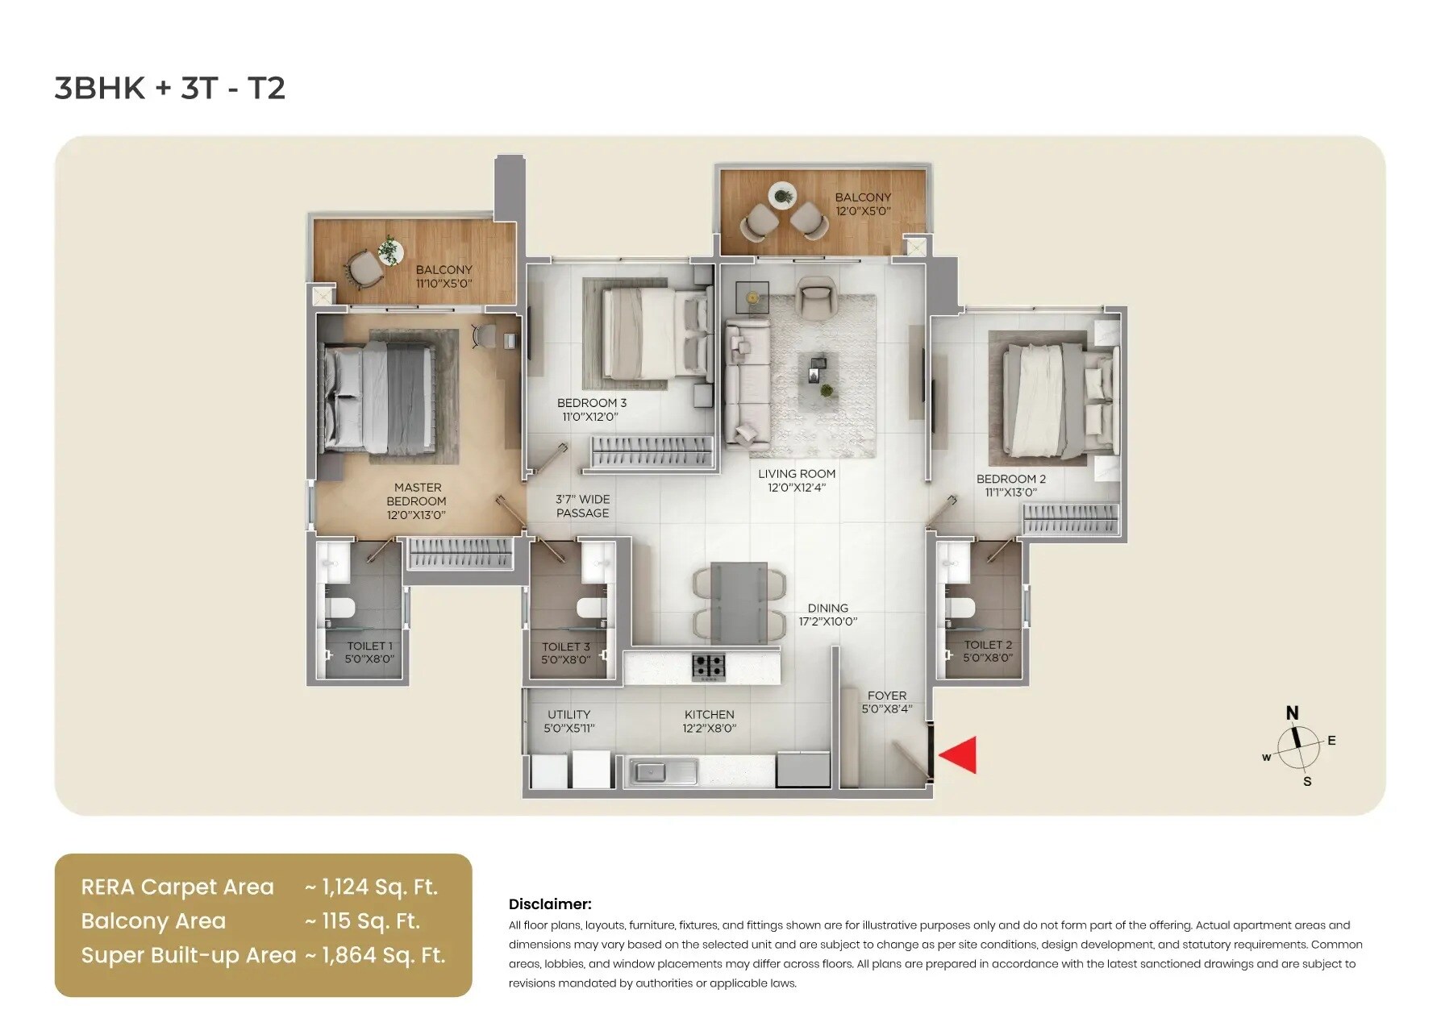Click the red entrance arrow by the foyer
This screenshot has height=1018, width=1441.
[x=960, y=755]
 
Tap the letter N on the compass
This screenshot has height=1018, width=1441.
[x=1292, y=713]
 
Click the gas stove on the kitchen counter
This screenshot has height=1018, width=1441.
[x=709, y=667]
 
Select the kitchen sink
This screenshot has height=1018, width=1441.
[x=663, y=771]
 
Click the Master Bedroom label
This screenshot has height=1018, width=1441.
[x=417, y=501]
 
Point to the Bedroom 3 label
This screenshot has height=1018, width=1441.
[x=591, y=409]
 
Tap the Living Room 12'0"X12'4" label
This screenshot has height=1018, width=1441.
[x=796, y=480]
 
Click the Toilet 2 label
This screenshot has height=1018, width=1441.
[x=987, y=650]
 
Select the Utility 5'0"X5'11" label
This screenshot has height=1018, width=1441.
[x=568, y=721]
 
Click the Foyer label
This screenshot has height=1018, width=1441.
[x=886, y=702]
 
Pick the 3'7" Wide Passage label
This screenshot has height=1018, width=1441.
[x=582, y=506]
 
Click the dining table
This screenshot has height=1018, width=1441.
[x=739, y=600]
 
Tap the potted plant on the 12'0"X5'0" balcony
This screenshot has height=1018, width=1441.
[x=781, y=194]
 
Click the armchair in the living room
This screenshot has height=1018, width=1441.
[x=816, y=297]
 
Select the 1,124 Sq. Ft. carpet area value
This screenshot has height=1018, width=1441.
[x=379, y=887]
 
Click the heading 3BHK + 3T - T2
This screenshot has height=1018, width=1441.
[x=170, y=88]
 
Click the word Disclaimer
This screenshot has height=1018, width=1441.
[x=549, y=904]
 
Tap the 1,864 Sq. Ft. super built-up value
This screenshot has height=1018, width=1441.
[x=383, y=955]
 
